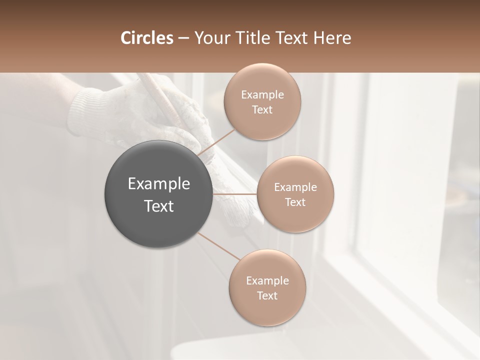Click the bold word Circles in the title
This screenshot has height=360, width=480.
tap(146, 38)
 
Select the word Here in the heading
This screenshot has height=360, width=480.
tap(332, 38)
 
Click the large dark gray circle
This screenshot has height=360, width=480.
tap(159, 194)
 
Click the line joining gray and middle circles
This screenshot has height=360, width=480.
tap(235, 193)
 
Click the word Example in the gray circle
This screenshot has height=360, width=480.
tap(159, 184)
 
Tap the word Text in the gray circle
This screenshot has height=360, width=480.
tap(159, 206)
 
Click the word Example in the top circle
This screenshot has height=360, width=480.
tap(262, 94)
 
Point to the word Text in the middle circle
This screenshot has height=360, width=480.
tap(295, 202)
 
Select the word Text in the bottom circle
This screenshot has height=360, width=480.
tap(267, 295)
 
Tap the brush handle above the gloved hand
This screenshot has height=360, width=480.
tap(155, 92)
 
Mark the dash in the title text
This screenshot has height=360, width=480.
tap(183, 38)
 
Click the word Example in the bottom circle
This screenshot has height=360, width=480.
tap(267, 280)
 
